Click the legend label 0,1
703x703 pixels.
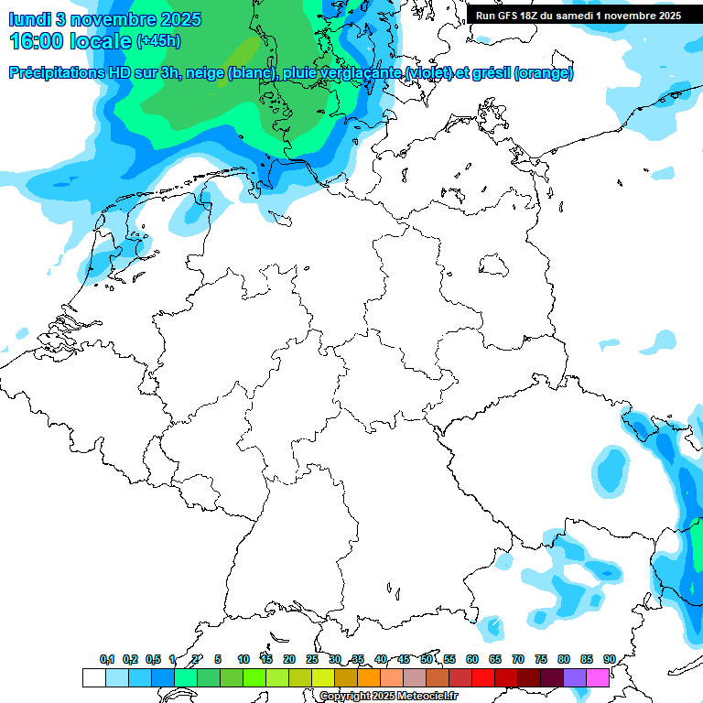pyautogui.click(x=107, y=659)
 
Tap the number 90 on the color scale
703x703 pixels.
pyautogui.click(x=610, y=659)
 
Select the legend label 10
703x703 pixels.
pyautogui.click(x=243, y=659)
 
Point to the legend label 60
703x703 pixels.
pyautogui.click(x=472, y=659)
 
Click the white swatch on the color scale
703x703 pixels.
pyautogui.click(x=93, y=677)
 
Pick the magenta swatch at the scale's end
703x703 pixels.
pyautogui.click(x=598, y=677)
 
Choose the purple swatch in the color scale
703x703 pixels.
pyautogui.click(x=575, y=677)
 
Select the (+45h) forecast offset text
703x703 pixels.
pyautogui.click(x=158, y=42)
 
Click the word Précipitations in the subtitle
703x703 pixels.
pyautogui.click(x=55, y=73)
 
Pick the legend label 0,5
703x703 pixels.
pyautogui.click(x=153, y=659)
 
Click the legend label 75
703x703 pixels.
pyautogui.click(x=541, y=659)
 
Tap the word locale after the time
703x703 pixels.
pyautogui.click(x=101, y=41)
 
